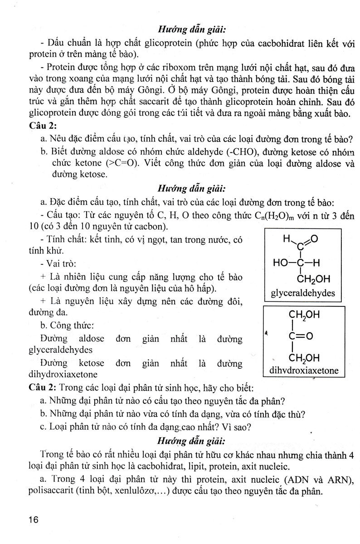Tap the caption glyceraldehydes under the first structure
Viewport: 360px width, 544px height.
pos(303,293)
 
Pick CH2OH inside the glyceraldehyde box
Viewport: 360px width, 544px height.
pos(314,278)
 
